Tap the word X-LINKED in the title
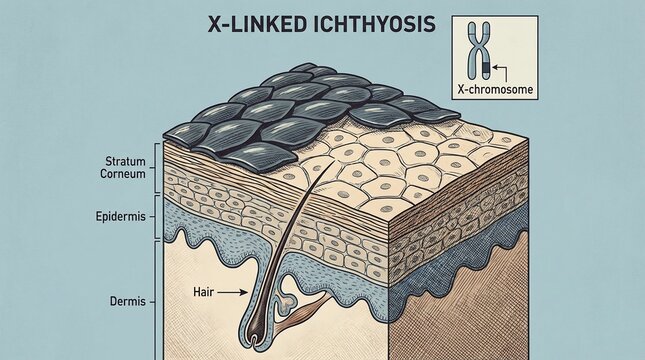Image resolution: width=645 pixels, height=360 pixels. pos(245,25)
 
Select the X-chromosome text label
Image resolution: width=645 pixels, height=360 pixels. pos(495,89)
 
